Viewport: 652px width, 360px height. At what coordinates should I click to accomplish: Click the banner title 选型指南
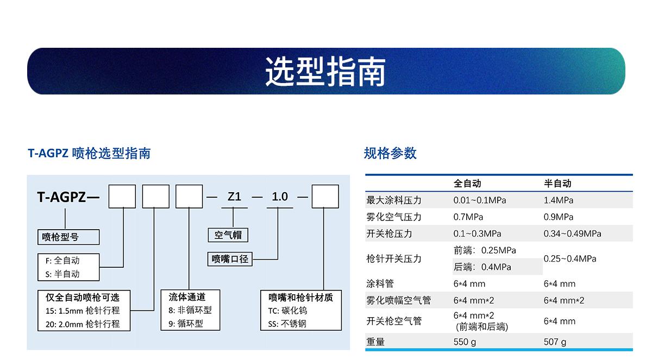click(x=325, y=72)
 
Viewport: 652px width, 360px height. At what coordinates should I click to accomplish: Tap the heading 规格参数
click(x=390, y=153)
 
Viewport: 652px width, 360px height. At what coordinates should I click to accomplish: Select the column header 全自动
click(x=467, y=184)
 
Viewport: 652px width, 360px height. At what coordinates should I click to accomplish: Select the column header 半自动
click(x=557, y=184)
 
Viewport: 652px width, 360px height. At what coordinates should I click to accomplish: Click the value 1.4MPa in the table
click(x=559, y=200)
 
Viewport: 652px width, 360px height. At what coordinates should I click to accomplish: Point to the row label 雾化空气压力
click(x=394, y=217)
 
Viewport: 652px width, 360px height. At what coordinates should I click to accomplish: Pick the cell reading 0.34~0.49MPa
click(x=572, y=233)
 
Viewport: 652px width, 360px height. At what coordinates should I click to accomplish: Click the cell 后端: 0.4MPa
click(x=482, y=267)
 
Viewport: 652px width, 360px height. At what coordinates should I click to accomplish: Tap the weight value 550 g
click(x=465, y=342)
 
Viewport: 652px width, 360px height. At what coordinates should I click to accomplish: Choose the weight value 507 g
click(x=555, y=342)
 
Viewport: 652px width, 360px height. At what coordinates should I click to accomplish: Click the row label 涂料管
click(x=380, y=283)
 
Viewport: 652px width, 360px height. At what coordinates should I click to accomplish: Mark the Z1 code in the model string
click(x=234, y=197)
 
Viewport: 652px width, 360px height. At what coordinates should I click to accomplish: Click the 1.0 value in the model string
click(x=280, y=197)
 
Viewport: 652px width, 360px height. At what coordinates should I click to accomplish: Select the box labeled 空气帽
click(x=228, y=235)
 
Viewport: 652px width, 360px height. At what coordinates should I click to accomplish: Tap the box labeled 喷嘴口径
click(x=230, y=259)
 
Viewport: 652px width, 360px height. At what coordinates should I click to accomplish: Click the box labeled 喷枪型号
click(x=68, y=237)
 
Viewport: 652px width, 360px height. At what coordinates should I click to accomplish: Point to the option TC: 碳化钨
click(x=287, y=311)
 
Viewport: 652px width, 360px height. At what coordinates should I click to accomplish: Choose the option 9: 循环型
click(x=186, y=324)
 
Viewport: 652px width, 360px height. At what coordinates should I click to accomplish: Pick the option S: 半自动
click(x=62, y=274)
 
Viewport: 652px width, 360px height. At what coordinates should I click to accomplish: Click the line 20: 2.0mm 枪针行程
click(x=83, y=324)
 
